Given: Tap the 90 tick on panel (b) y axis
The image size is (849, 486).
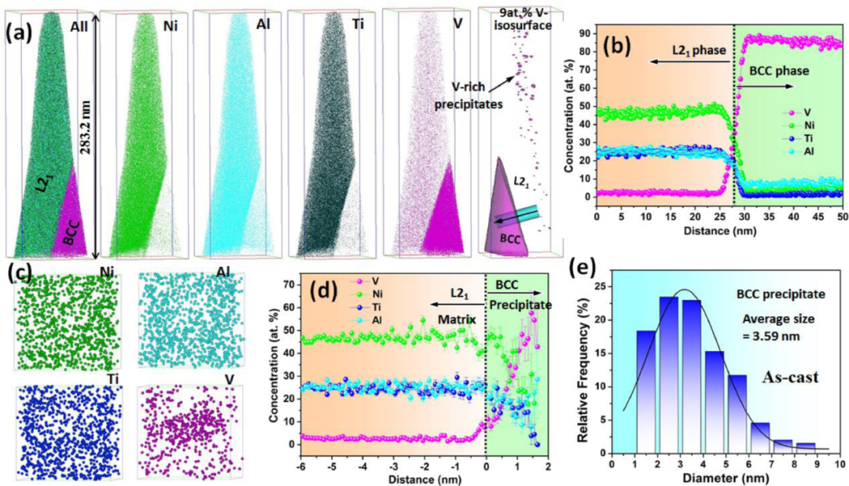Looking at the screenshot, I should (585, 33).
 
